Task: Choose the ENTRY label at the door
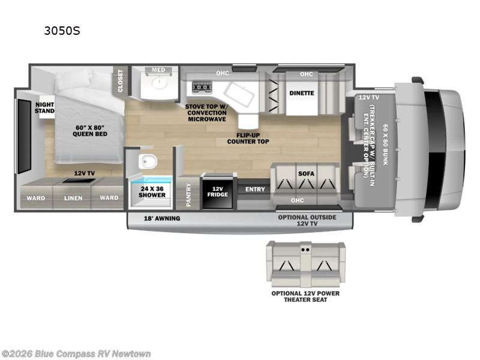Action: [254, 190]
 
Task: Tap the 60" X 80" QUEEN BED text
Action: [89, 130]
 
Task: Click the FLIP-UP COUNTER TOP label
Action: [248, 138]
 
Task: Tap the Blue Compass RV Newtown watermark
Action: [76, 353]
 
